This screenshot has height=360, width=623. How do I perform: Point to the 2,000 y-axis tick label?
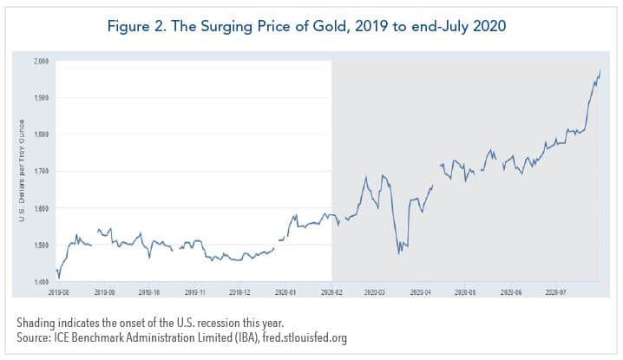(42, 61)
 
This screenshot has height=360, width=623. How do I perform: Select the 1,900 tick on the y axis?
(42, 97)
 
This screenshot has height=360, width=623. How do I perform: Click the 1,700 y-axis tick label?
(42, 172)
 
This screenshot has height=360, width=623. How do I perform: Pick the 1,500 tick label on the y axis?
(42, 245)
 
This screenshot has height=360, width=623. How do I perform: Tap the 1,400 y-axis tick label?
(42, 283)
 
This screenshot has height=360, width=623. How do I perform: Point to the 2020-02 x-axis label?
(332, 293)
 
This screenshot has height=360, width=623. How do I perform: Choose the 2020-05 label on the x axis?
(467, 293)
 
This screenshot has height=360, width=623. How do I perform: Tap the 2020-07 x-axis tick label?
(557, 293)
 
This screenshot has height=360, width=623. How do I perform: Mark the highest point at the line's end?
(600, 70)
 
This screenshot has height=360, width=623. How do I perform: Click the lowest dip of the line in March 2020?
(399, 253)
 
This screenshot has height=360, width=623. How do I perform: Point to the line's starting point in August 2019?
(56, 270)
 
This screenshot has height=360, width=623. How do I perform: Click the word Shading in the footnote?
(36, 324)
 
